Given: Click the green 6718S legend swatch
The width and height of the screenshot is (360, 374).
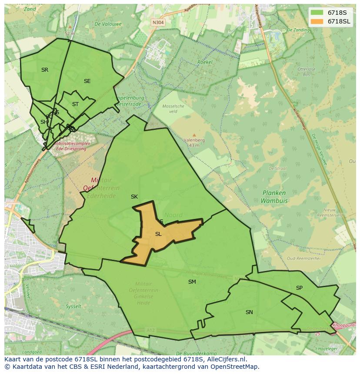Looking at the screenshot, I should coord(317,13).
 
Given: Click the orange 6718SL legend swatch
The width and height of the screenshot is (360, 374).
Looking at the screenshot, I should coord(317,21).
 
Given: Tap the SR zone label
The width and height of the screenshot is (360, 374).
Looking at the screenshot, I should coord(45,70).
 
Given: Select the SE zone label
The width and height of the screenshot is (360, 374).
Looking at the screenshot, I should coord(87,81).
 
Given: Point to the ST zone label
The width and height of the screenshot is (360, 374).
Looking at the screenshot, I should coord(75,104).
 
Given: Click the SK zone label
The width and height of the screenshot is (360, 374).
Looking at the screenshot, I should coord(134,197).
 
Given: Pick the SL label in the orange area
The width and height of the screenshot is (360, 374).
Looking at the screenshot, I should coord(158,234).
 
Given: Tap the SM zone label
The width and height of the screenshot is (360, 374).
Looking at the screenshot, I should coord(192,282).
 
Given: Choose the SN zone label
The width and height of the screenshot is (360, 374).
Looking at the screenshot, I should coord(249,312).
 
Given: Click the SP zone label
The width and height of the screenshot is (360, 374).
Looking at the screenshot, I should coord(299,288).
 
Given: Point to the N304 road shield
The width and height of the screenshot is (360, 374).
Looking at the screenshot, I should coord(158,23).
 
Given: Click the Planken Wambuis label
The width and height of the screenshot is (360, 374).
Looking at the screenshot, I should coord(274,197).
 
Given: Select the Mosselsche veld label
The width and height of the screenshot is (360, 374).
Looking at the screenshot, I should coord(173,109).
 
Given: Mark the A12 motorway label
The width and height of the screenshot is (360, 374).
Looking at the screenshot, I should coord(151,331).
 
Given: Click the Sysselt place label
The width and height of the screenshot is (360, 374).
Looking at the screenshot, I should coord(73,306).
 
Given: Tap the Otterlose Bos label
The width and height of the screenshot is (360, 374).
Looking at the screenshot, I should coord(306,72).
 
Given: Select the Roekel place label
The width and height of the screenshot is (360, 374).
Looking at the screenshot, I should coord(205,62).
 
